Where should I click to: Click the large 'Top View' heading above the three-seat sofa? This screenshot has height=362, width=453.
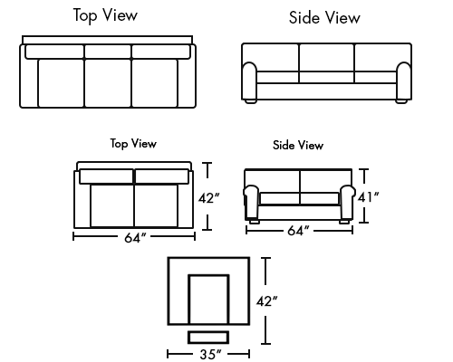coord(105,15)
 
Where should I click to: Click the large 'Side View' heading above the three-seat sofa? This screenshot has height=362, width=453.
coord(324,17)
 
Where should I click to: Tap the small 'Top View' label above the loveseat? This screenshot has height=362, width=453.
coord(133,144)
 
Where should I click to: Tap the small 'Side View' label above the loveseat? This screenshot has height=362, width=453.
coord(298,145)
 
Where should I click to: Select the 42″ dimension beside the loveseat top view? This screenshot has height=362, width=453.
coord(208,198)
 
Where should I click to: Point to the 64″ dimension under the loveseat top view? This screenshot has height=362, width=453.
coord(135,238)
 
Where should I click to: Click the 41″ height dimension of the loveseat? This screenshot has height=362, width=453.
coord(368,197)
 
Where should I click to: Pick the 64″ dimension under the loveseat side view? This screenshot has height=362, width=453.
coord(298,231)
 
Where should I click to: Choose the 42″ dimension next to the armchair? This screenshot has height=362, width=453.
coord(266,301)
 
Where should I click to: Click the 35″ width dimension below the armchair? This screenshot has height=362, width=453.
coord(210,354)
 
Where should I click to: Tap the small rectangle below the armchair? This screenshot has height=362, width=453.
coord(208,338)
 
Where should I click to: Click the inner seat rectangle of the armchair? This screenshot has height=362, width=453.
coord(208,300)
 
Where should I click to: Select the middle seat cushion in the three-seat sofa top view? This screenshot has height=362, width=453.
coord(108,83)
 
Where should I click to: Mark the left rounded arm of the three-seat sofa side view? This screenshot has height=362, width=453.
coord(250,81)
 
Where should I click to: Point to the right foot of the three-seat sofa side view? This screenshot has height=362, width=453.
coord(401,101)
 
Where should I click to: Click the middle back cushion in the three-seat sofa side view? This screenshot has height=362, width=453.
coord(326,58)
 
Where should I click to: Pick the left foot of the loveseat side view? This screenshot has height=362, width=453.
coord(255,222)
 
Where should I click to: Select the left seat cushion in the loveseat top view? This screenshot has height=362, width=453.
coord(112,205)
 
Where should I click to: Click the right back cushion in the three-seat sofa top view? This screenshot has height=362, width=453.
coord(161,52)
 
